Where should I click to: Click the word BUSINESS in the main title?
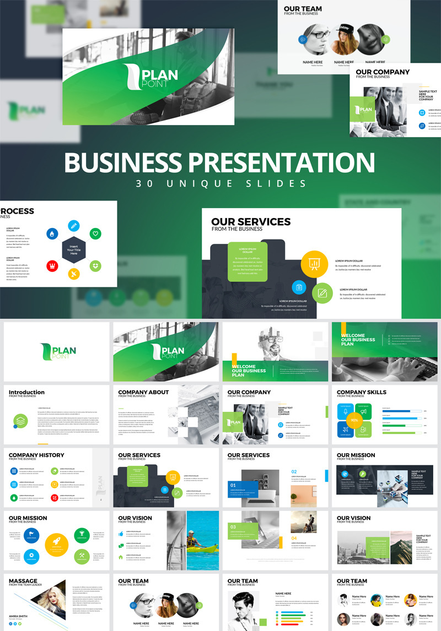(x=124, y=162)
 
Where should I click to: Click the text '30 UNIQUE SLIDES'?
(x=220, y=183)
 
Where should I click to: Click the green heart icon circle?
(x=95, y=233)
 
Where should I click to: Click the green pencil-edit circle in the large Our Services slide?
(x=322, y=293)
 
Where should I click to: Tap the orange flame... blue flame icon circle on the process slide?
(x=52, y=233)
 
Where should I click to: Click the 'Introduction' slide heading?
(x=26, y=392)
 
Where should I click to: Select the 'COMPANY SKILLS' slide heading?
(x=362, y=392)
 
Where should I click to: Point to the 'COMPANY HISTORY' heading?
(x=36, y=455)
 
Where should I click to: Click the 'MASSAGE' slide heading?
(x=23, y=581)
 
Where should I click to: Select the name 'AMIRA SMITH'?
(x=20, y=616)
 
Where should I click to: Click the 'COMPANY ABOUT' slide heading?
(x=143, y=392)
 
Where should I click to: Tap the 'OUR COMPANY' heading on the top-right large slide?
(x=383, y=72)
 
